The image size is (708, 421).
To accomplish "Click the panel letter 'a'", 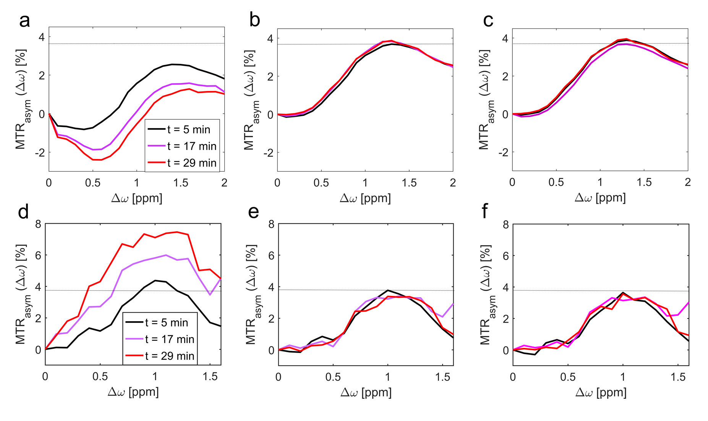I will point(24,21).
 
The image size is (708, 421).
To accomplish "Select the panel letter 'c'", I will point(488,21).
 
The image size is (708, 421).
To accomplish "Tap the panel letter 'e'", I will point(253,212).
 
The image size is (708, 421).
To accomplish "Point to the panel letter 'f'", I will point(485,211).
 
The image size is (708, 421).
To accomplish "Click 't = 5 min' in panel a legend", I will point(189,130).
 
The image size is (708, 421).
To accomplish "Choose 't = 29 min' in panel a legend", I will point(192,163).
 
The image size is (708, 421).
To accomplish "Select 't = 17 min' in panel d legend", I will point(170,339).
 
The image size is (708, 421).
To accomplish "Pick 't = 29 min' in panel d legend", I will point(170,356).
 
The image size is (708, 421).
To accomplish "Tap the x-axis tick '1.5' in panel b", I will point(409,183).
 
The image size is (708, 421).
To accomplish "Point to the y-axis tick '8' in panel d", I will point(38,224).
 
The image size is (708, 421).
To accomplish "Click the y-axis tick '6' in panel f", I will point(506,256).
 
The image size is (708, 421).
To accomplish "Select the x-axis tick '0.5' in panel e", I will point(333,377).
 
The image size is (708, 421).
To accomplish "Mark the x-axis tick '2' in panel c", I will point(688,182).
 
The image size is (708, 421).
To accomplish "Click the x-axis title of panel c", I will point(600,198).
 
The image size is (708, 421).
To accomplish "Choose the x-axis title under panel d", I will point(133,392).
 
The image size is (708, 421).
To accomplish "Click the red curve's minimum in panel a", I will point(97,160).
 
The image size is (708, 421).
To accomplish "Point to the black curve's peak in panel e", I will point(388,290).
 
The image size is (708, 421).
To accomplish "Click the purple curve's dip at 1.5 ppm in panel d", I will point(210,295).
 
